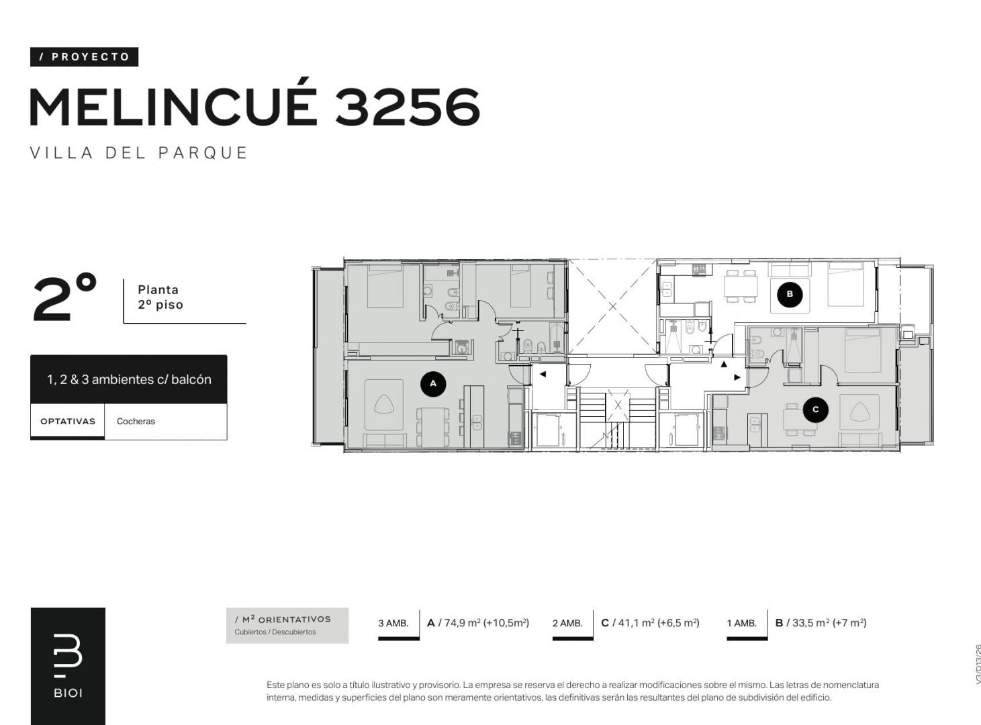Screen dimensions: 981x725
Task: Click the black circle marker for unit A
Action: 433,383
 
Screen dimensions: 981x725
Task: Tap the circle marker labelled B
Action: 790,294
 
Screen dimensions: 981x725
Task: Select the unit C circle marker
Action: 816,409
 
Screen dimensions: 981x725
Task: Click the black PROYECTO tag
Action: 84,57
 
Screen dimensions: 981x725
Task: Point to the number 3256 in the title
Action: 408,107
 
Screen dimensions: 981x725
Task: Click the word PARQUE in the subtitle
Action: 203,153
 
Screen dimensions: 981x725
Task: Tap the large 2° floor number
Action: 64,297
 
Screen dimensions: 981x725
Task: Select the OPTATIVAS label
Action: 68,422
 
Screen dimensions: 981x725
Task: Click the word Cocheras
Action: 136,422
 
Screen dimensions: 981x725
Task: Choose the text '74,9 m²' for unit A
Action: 462,623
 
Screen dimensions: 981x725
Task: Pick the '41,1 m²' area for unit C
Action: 637,623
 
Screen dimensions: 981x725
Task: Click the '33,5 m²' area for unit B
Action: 810,623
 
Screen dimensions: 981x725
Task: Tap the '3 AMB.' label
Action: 393,623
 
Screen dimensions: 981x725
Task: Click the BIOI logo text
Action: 68,693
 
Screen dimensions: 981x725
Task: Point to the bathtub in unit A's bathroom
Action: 557,338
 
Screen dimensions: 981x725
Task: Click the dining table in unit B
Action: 741,286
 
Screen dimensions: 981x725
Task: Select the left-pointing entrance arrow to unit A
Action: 543,374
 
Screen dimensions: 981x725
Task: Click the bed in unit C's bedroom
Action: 862,350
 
